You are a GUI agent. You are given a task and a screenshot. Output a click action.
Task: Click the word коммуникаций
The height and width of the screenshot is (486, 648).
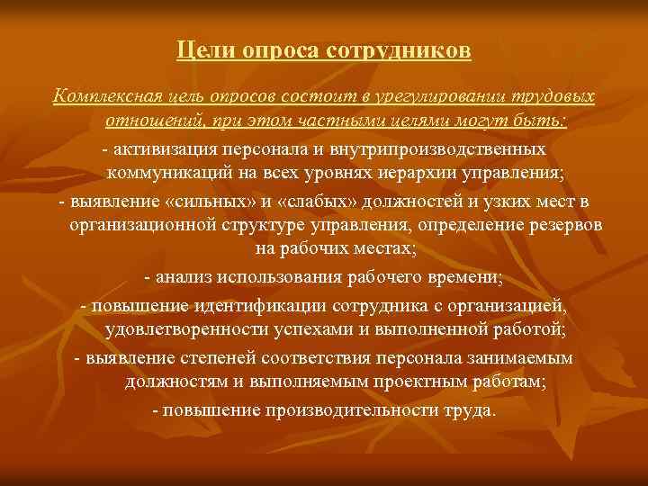pyautogui.click(x=191, y=172)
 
